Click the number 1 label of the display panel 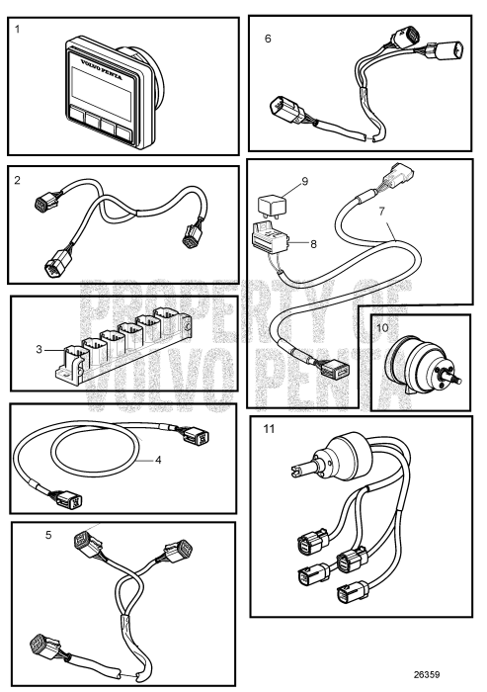(17, 29)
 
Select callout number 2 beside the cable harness (17, 180)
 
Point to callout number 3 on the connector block (39, 350)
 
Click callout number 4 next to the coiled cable (158, 460)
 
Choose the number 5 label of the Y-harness (48, 535)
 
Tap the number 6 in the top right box (268, 39)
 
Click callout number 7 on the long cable (381, 211)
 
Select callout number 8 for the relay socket (313, 243)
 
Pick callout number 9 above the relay (305, 181)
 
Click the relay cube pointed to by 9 (272, 207)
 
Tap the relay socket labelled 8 (270, 238)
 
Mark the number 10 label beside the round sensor (382, 328)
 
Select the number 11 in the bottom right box (269, 429)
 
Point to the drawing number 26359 (427, 675)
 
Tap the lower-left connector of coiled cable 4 (68, 499)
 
